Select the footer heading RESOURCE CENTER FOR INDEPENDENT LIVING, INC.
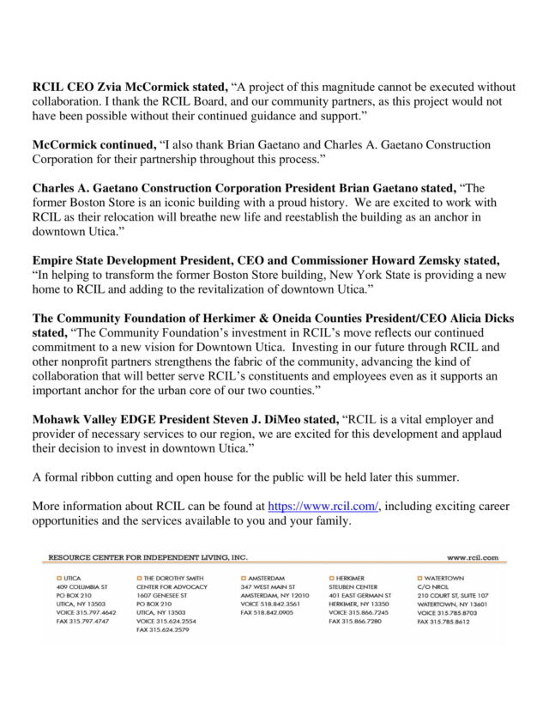pos(148,556)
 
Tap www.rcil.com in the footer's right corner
pos(472,556)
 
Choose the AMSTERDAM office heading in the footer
pos(267,579)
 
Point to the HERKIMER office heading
pos(350,579)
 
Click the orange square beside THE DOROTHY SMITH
pos(139,579)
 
